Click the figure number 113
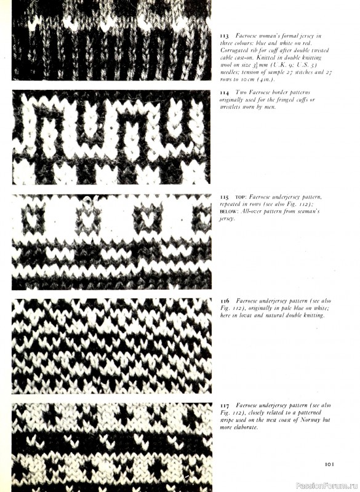tap(225, 37)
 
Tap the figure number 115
tap(225, 197)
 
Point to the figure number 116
tap(225, 301)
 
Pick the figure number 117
tap(225, 405)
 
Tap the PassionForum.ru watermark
tap(326, 485)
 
